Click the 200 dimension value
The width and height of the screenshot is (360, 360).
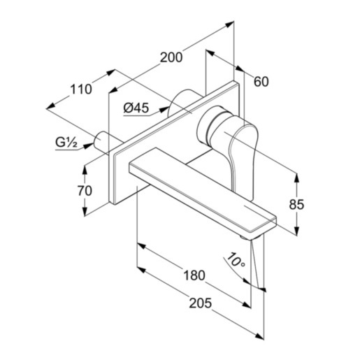[171, 57]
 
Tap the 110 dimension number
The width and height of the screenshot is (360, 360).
[81, 89]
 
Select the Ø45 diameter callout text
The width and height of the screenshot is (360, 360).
[136, 108]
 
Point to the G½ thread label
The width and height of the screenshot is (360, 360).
[66, 143]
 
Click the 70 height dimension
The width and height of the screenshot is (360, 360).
[85, 191]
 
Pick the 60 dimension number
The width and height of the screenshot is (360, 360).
[261, 82]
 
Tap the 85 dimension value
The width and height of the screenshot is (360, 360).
[296, 204]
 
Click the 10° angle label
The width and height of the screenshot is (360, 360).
[236, 260]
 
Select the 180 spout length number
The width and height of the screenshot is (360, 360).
[194, 275]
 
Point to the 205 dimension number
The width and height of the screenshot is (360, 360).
[201, 303]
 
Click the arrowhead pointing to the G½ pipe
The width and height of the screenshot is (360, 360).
[87, 146]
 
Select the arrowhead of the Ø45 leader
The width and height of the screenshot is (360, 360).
[164, 109]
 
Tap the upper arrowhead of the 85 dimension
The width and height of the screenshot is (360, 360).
[296, 178]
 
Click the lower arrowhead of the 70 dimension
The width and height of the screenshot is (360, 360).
[85, 211]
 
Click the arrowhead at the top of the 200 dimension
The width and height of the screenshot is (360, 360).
[229, 24]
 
